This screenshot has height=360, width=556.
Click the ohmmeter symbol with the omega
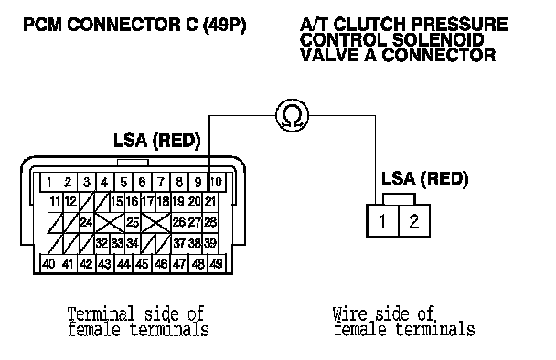293,115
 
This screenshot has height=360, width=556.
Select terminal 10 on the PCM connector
217,183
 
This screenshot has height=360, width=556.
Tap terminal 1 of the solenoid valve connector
382,220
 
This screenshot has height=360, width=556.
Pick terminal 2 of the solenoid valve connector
414,220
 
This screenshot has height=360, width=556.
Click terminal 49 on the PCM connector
217,264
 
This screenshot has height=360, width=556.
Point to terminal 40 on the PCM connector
49,264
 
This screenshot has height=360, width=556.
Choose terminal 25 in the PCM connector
133,223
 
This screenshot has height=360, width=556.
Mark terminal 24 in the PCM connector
86,223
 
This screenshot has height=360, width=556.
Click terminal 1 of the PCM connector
49,183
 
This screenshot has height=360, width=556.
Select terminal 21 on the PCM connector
210,202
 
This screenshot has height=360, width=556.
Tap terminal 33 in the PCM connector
117,243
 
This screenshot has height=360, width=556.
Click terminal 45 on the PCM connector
142,264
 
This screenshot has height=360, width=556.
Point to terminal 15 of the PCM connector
117,202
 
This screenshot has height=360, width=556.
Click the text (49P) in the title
224,26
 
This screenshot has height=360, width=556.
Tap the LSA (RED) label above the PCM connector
156,141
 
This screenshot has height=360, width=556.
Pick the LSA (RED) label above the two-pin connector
425,179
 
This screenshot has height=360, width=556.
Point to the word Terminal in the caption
102,314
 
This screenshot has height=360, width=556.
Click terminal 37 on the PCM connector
179,243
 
